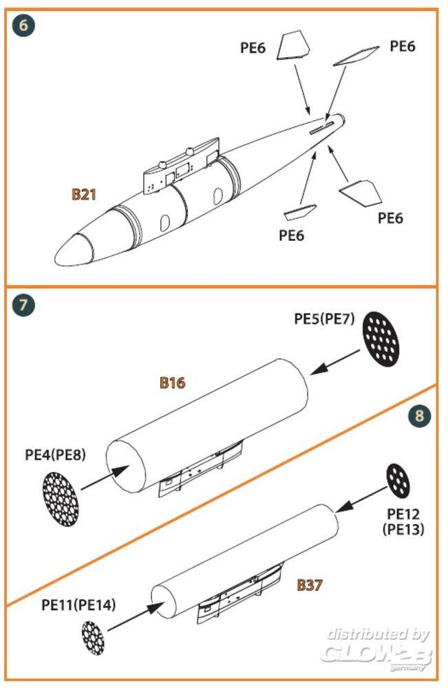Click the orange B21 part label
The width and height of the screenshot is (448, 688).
(83, 195)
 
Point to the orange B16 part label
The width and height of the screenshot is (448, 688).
(172, 383)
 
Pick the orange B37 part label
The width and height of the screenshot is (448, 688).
(310, 585)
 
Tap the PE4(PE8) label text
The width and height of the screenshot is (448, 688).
(55, 455)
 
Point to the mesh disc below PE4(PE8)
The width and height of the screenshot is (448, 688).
(61, 497)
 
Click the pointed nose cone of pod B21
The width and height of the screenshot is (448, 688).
(74, 248)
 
